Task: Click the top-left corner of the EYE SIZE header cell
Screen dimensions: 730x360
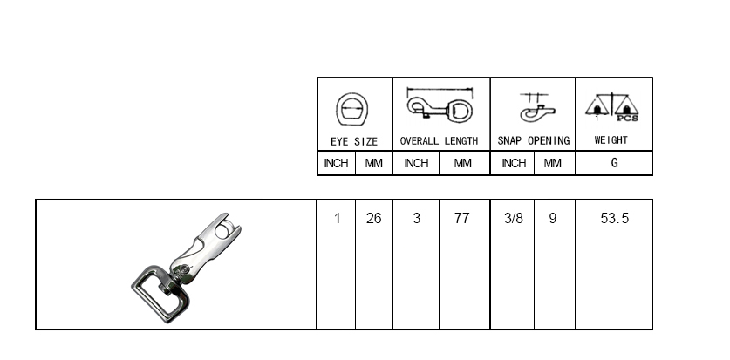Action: pyautogui.click(x=317, y=78)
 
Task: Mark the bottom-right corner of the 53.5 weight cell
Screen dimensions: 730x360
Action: pyautogui.click(x=652, y=329)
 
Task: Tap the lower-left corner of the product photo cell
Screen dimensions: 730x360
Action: pyautogui.click(x=36, y=329)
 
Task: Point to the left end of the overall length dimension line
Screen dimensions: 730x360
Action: pyautogui.click(x=407, y=88)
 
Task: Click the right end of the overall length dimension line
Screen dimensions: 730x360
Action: pyautogui.click(x=472, y=88)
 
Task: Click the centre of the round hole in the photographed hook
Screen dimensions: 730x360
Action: pyautogui.click(x=226, y=230)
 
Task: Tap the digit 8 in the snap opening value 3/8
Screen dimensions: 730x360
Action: pyautogui.click(x=519, y=218)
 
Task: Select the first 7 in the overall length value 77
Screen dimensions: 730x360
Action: pyautogui.click(x=458, y=218)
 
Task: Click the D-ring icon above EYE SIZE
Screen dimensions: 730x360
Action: pyautogui.click(x=352, y=109)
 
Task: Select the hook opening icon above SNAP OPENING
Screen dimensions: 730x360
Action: pyautogui.click(x=537, y=108)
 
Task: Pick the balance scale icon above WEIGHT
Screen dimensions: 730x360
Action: pyautogui.click(x=612, y=107)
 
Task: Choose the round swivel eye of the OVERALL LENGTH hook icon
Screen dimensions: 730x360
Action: pyautogui.click(x=461, y=112)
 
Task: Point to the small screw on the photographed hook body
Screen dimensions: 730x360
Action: pyautogui.click(x=186, y=268)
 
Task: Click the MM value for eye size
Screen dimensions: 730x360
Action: pyautogui.click(x=374, y=218)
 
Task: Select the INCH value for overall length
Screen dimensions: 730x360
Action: pyautogui.click(x=417, y=218)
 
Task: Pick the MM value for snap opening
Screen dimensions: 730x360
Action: pyautogui.click(x=553, y=218)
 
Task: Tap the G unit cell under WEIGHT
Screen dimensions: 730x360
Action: pyautogui.click(x=614, y=163)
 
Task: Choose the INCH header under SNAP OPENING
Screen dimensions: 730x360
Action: pyautogui.click(x=514, y=163)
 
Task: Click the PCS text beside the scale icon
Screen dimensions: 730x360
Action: pyautogui.click(x=628, y=119)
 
